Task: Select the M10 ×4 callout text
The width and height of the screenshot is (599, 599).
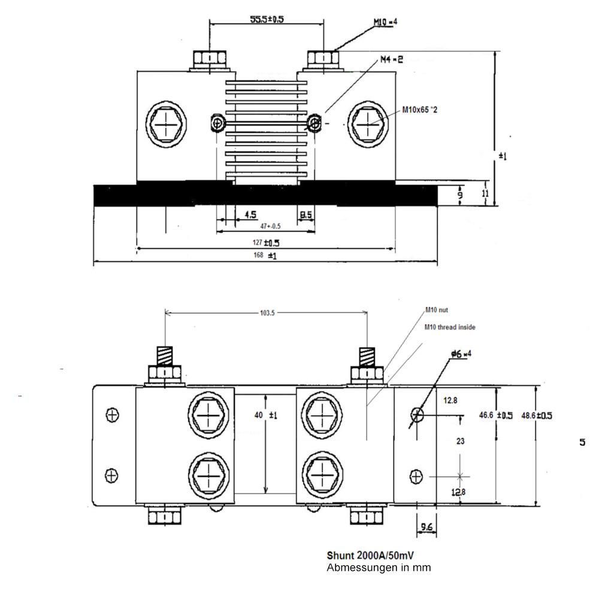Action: pyautogui.click(x=386, y=22)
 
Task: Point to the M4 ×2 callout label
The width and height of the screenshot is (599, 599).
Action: pyautogui.click(x=392, y=60)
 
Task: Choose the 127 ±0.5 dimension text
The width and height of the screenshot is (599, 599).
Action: pyautogui.click(x=267, y=243)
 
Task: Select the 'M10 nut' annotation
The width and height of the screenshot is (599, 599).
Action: pyautogui.click(x=437, y=310)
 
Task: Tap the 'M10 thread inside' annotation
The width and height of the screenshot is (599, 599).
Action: pyautogui.click(x=450, y=327)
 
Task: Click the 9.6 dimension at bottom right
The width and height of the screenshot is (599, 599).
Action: pyautogui.click(x=427, y=527)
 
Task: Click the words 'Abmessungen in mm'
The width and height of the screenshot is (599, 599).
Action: pyautogui.click(x=379, y=567)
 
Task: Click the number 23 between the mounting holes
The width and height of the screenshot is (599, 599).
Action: pyautogui.click(x=461, y=441)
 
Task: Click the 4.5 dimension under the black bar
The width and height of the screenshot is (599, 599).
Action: pyautogui.click(x=250, y=214)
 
